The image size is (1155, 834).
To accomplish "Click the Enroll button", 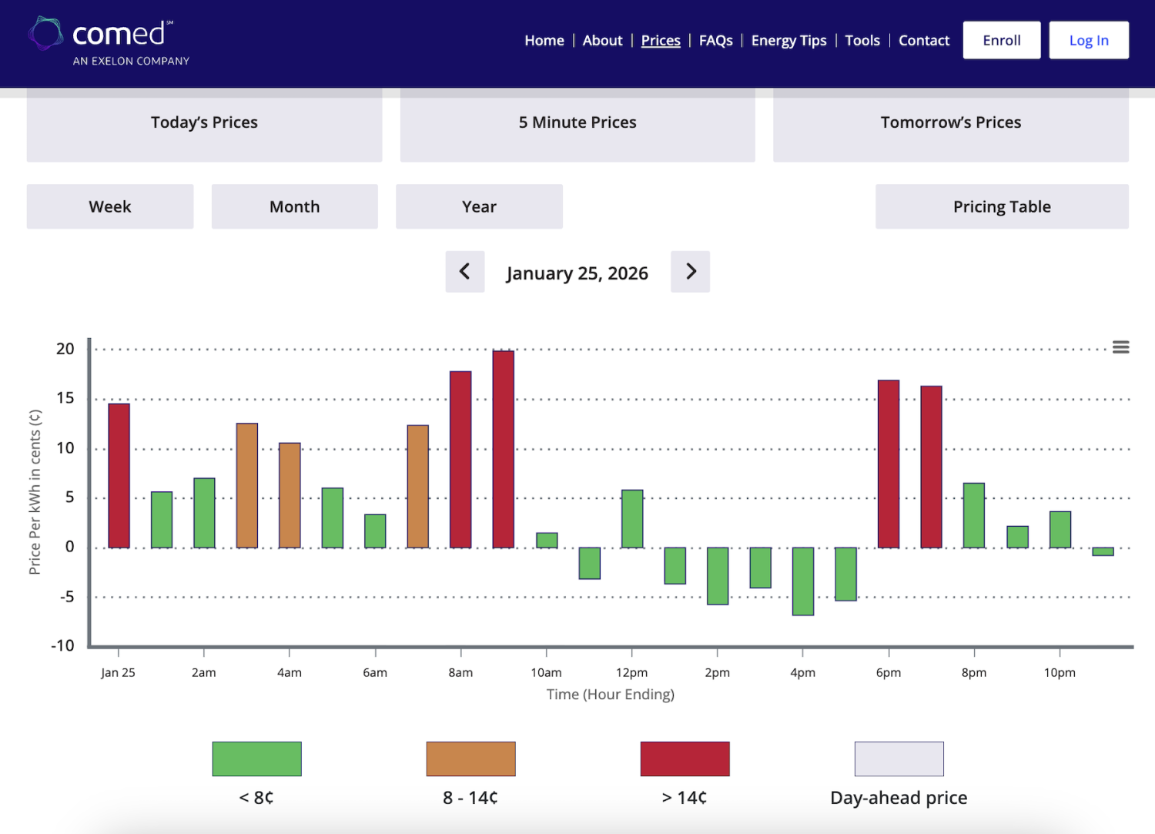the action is click(1001, 40).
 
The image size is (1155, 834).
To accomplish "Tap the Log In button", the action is click(1089, 40).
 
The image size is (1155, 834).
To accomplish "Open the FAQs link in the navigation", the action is click(715, 40).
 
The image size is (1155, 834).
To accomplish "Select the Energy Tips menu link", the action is click(788, 40).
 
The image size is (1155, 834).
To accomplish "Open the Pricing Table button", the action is click(1001, 206).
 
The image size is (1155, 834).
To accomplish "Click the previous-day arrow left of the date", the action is click(464, 272).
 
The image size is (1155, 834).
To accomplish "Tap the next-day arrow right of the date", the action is click(690, 272).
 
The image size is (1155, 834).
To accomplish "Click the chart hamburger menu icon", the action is click(1120, 347).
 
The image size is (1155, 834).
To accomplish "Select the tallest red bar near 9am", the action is click(504, 449).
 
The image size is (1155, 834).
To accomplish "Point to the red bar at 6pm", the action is click(889, 464).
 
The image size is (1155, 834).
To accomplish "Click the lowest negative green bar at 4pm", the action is click(803, 581).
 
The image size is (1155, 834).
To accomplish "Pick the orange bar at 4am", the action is click(290, 495).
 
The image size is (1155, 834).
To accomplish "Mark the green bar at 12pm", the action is click(632, 519).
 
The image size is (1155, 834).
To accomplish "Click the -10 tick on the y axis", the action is click(62, 646).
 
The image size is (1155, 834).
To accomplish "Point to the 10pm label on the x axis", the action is click(1060, 672).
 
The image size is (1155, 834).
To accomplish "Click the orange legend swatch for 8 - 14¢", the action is click(470, 759).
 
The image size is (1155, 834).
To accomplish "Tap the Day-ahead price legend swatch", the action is click(899, 759).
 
